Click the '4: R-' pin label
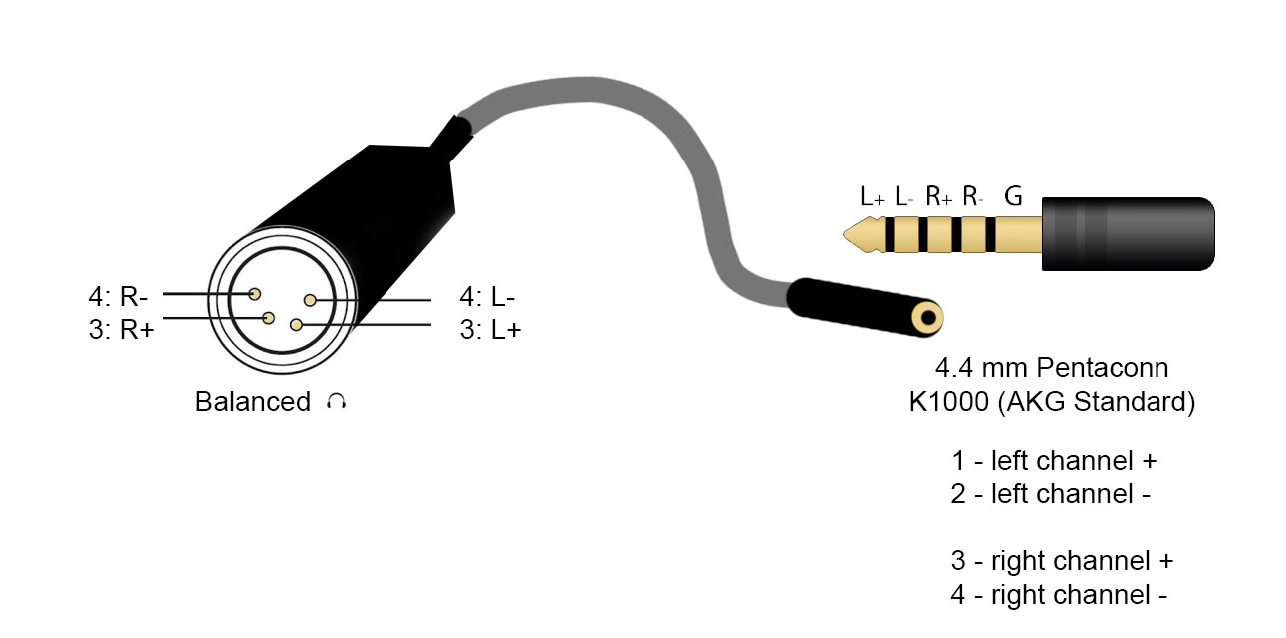tap(119, 297)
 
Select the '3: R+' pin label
tap(122, 329)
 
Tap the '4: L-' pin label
tap(487, 297)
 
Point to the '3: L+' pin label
tap(490, 329)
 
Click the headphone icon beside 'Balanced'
tap(336, 401)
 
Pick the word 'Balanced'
tap(253, 401)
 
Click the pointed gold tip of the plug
tap(845, 234)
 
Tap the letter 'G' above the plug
tap(1013, 196)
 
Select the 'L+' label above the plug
tap(872, 196)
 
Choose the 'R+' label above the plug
tap(939, 196)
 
